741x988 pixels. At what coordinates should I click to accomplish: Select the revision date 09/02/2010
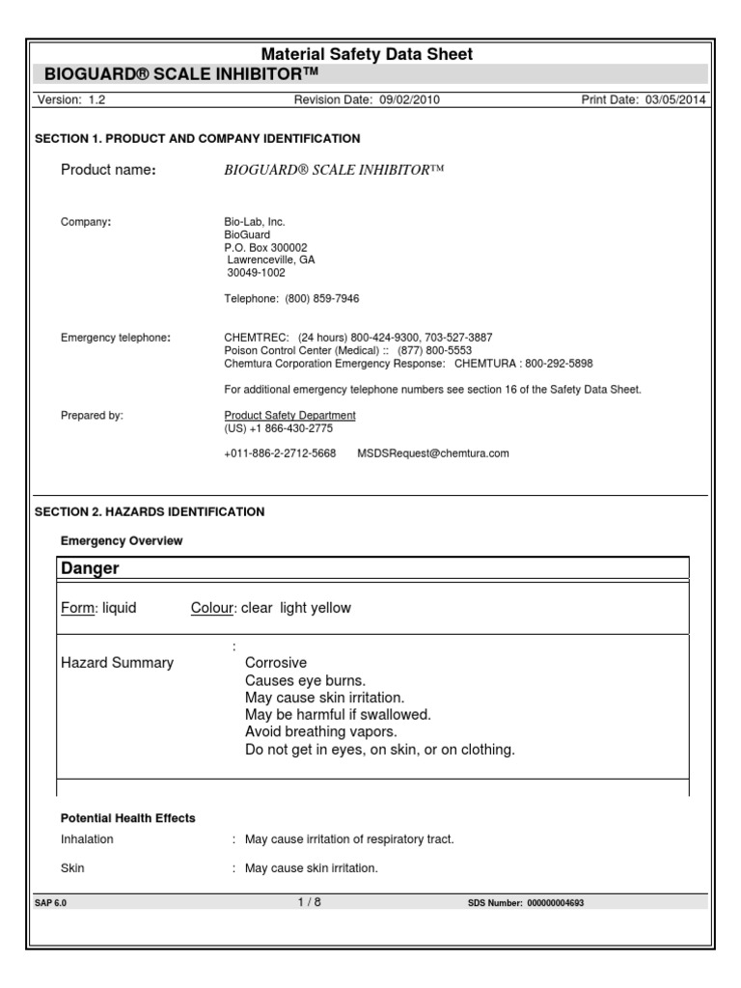(408, 99)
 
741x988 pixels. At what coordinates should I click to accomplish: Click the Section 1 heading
(198, 139)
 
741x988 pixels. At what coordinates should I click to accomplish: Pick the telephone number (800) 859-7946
(322, 298)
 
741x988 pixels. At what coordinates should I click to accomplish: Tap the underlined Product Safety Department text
(289, 415)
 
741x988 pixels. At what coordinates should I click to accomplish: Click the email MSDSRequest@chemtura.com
(433, 453)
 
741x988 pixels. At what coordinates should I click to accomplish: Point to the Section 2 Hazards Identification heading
(150, 511)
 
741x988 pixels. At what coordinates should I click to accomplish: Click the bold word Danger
(91, 568)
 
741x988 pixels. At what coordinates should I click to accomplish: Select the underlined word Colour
(212, 608)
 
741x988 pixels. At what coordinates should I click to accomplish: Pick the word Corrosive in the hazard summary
(276, 663)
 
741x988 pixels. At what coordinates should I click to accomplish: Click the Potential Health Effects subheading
(128, 818)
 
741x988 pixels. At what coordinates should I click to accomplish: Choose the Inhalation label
(87, 839)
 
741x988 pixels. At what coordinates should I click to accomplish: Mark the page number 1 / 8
(310, 902)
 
